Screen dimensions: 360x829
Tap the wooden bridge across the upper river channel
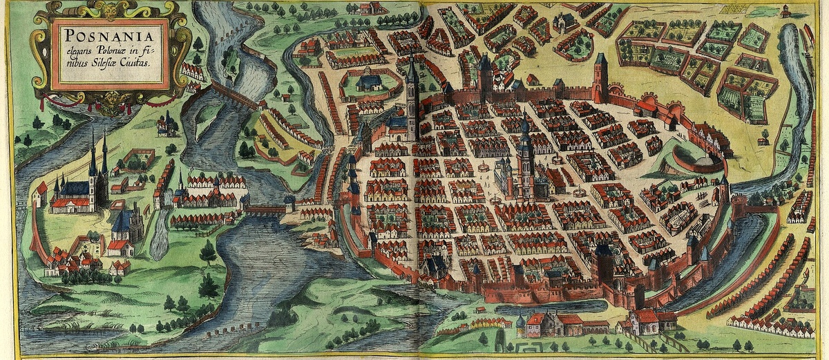(234, 95)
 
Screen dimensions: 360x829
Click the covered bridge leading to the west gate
(266, 207)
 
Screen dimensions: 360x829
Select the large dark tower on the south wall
(604, 266)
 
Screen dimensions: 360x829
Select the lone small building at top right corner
(785, 11)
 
